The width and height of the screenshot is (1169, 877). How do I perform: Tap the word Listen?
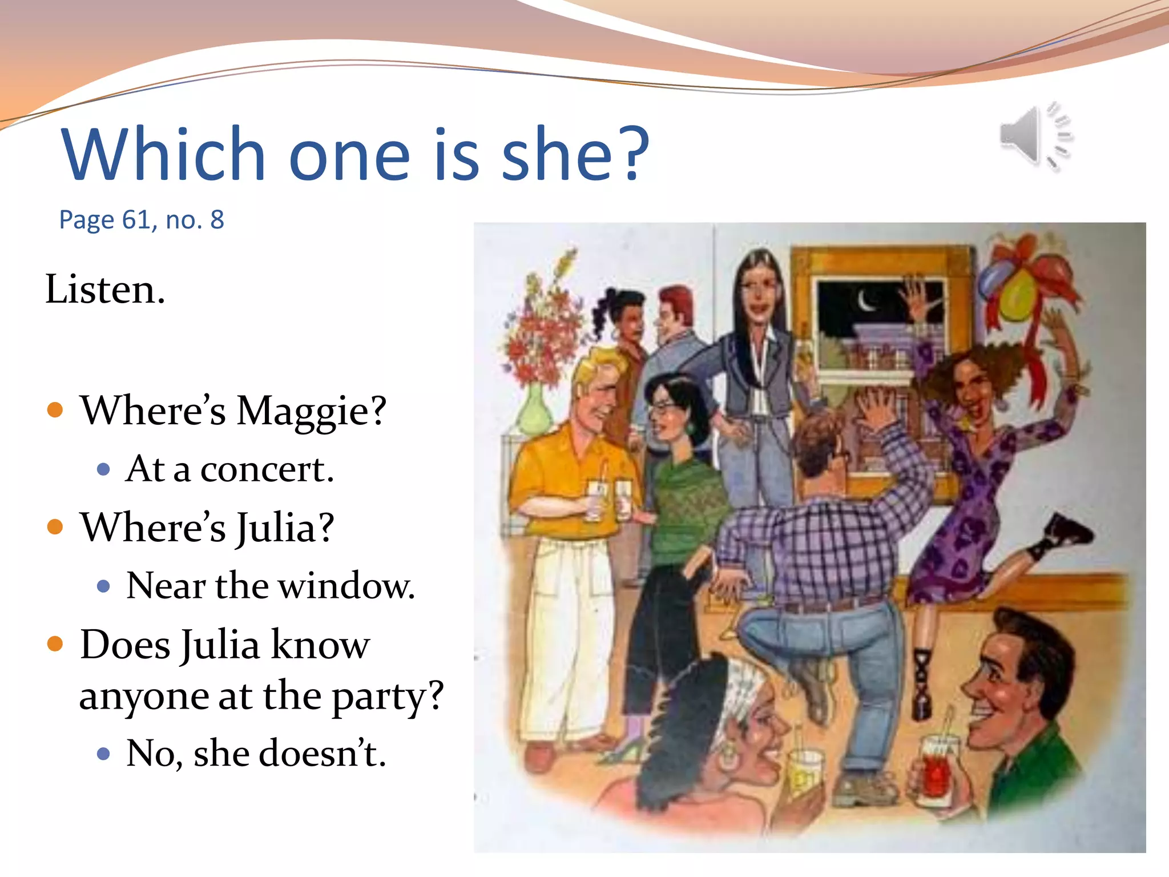point(105,289)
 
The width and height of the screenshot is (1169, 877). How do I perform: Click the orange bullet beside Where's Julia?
point(55,526)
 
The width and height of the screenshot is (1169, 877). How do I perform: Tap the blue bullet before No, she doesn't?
point(103,754)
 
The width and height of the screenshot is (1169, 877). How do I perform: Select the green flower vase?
point(534,411)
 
